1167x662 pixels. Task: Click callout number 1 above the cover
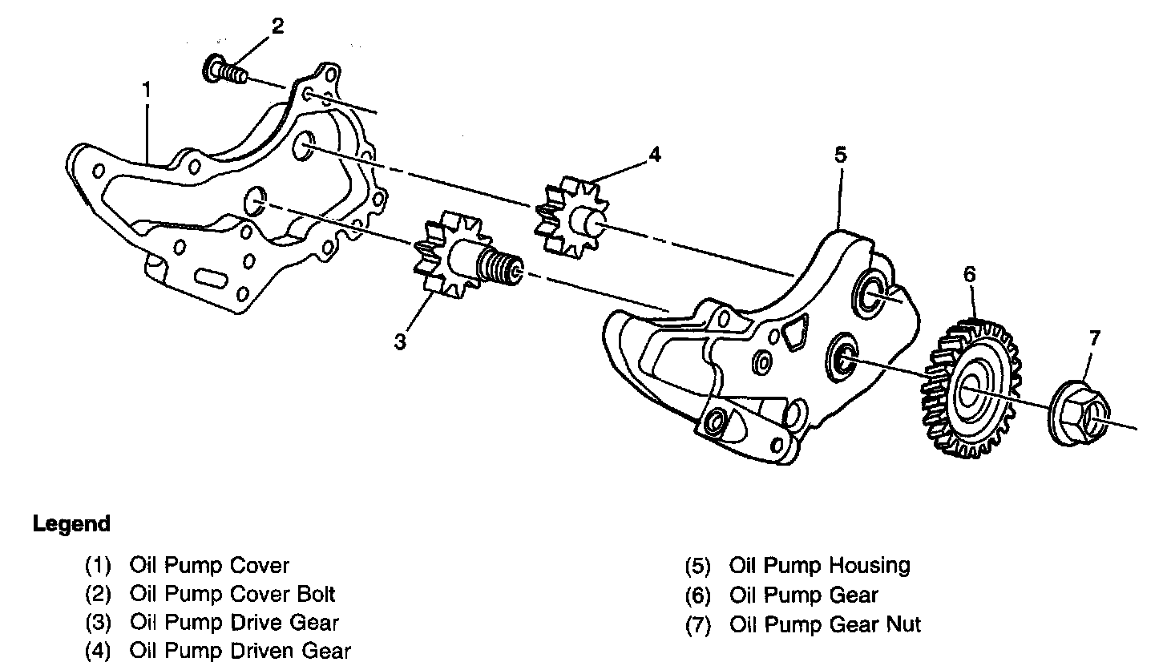147,91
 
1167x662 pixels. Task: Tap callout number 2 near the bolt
277,26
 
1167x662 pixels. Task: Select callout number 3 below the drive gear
400,342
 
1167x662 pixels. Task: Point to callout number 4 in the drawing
655,154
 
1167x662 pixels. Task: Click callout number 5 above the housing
839,155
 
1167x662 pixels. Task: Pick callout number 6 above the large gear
969,274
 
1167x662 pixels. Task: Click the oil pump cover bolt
224,72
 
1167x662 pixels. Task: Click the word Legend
71,525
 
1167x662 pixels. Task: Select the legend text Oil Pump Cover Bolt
232,594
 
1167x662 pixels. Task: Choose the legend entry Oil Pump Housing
819,565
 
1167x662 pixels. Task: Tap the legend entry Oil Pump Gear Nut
825,624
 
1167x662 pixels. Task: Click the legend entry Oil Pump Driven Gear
240,650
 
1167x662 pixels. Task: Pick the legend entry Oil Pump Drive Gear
234,622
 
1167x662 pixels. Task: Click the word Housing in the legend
870,565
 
